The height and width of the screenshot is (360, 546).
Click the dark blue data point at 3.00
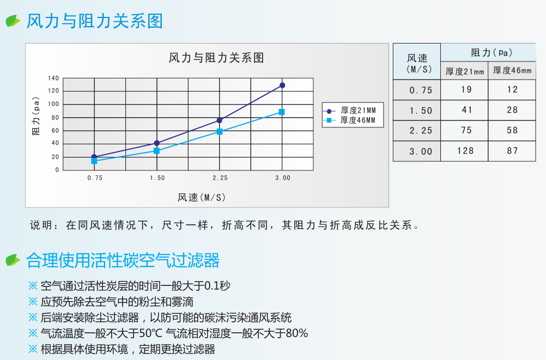click(282, 86)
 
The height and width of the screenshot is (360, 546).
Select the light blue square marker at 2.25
click(220, 132)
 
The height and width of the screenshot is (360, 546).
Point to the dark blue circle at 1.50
click(157, 143)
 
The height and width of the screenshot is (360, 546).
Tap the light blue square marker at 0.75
click(94, 161)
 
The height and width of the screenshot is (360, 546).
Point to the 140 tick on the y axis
click(53, 78)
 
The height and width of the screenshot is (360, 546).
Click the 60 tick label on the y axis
click(56, 131)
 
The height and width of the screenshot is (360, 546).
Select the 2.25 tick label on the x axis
click(220, 178)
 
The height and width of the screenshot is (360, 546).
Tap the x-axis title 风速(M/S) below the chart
click(202, 198)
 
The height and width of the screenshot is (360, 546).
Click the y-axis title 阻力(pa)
click(36, 116)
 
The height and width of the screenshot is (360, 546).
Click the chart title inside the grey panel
click(216, 58)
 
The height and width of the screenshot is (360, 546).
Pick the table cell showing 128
click(465, 151)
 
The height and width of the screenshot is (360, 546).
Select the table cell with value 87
click(512, 151)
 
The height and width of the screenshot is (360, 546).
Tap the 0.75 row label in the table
click(421, 90)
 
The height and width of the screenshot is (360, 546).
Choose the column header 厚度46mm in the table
click(512, 70)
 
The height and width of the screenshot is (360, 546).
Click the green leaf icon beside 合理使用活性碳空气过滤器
click(13, 260)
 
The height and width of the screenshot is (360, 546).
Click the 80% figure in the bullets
click(296, 333)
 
